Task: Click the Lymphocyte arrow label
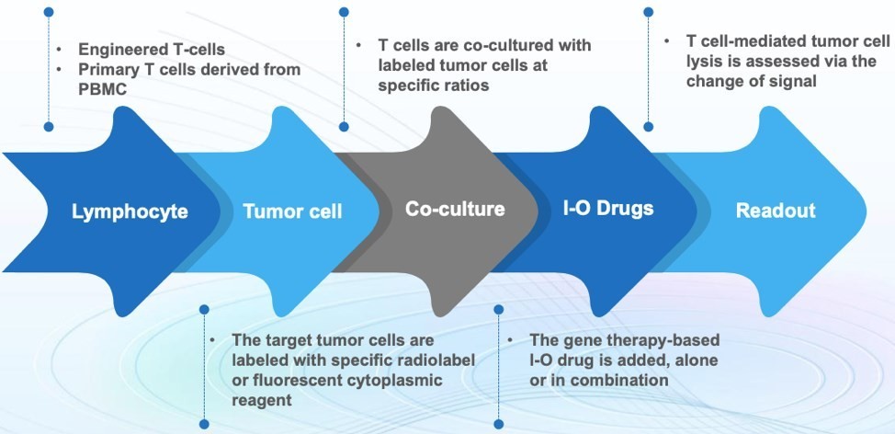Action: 130,212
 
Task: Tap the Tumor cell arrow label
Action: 292,212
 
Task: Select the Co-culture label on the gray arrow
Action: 455,210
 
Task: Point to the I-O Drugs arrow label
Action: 608,208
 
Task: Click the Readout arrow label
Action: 775,211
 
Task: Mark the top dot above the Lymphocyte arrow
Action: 49,12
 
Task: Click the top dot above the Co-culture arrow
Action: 343,12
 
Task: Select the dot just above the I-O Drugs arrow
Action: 648,127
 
